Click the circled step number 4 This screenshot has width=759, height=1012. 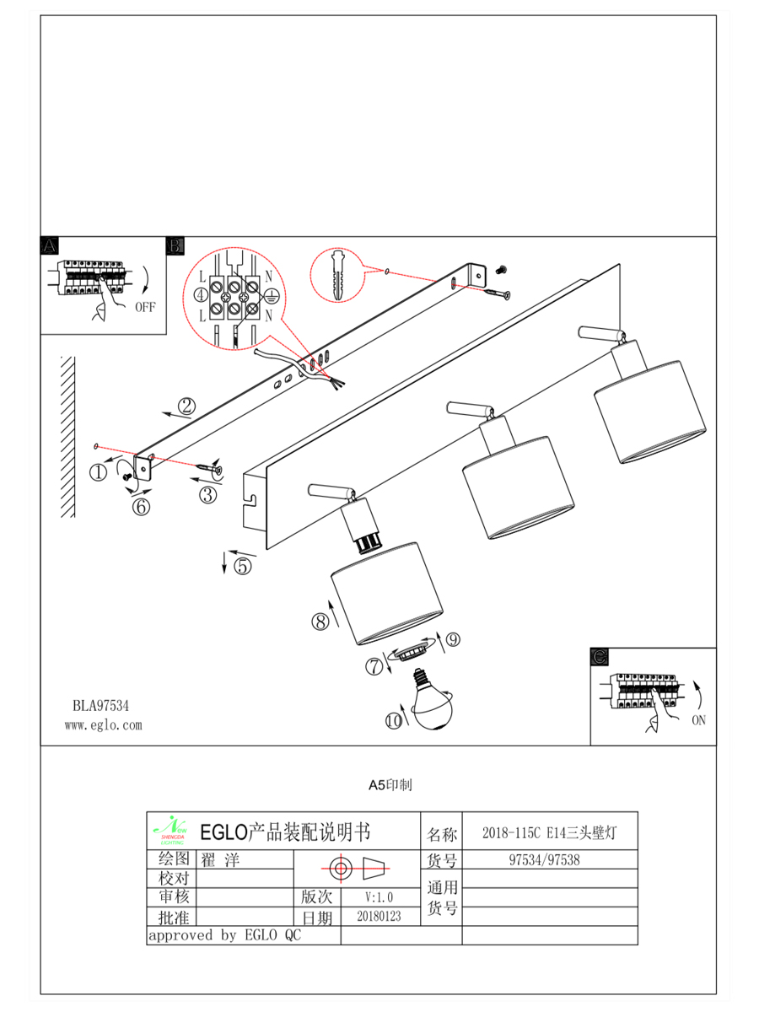tap(201, 295)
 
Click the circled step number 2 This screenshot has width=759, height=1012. tap(186, 406)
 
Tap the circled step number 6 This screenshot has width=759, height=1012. tap(141, 507)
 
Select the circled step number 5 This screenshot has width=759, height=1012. tap(243, 566)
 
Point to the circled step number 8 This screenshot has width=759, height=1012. tap(320, 622)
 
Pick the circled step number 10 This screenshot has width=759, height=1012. tap(394, 721)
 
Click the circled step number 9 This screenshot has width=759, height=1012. tap(453, 640)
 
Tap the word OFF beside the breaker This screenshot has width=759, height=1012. tap(146, 307)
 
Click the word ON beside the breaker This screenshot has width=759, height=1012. tap(698, 720)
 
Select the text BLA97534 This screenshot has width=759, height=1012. tap(100, 703)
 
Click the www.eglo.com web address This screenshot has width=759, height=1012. tap(104, 724)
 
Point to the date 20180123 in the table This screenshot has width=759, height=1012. tap(379, 915)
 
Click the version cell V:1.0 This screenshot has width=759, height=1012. tap(379, 896)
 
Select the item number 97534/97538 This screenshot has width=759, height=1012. tap(549, 861)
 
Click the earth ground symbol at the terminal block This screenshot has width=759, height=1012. tap(272, 295)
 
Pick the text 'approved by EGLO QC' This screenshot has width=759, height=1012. tap(224, 935)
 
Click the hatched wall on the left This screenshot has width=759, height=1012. tap(68, 439)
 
